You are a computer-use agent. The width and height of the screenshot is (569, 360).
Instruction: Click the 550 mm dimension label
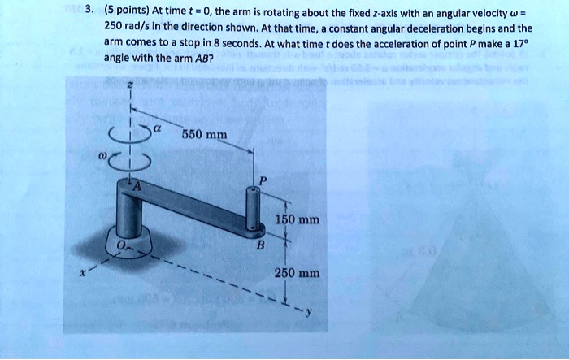coord(200,135)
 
